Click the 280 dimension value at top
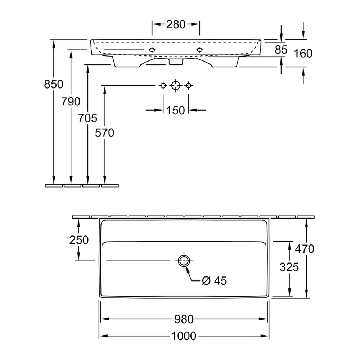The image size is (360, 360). pyautogui.click(x=176, y=24)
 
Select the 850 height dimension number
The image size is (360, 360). pyautogui.click(x=54, y=84)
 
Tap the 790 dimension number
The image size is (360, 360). pyautogui.click(x=71, y=101)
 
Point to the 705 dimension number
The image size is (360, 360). pyautogui.click(x=88, y=118)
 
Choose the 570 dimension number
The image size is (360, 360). pyautogui.click(x=105, y=133)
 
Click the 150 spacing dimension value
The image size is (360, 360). pyautogui.click(x=175, y=110)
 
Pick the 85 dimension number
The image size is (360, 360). pyautogui.click(x=281, y=50)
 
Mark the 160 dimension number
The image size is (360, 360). pyautogui.click(x=303, y=53)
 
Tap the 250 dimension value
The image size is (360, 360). pyautogui.click(x=79, y=240)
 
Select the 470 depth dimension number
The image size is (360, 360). pyautogui.click(x=305, y=249)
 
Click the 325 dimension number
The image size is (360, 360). pyautogui.click(x=289, y=267)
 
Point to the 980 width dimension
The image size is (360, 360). pyautogui.click(x=184, y=319)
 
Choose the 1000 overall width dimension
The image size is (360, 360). pyautogui.click(x=184, y=336)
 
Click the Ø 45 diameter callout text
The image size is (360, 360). pyautogui.click(x=215, y=280)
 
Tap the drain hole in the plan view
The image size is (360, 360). pyautogui.click(x=184, y=261)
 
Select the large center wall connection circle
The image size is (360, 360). pyautogui.click(x=176, y=86)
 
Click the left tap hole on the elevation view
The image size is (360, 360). pyautogui.click(x=152, y=50)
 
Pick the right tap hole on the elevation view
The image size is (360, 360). pyautogui.click(x=199, y=50)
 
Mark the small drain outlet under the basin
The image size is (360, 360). pyautogui.click(x=176, y=62)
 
